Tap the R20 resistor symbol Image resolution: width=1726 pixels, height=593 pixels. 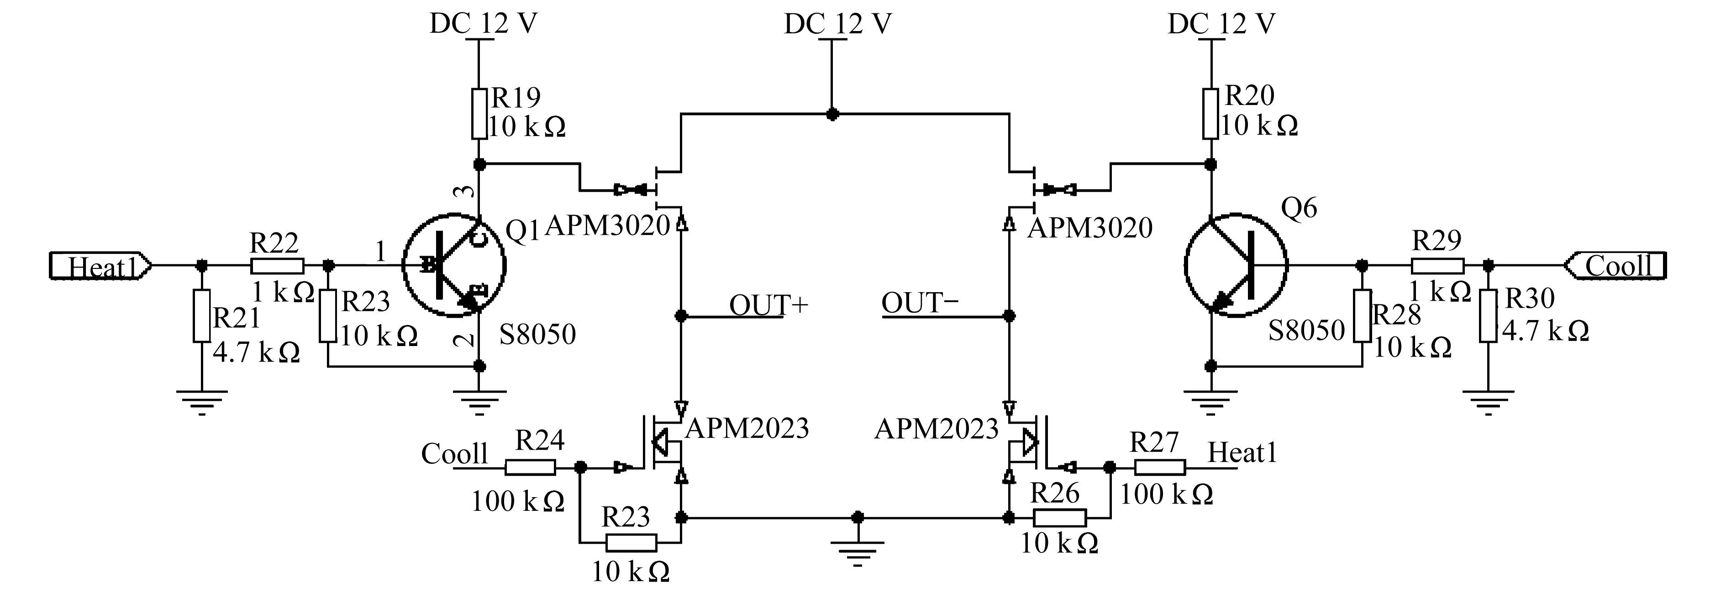(x=1211, y=114)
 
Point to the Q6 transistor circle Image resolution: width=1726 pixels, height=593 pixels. (x=1236, y=265)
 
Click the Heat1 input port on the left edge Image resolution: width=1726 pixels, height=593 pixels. (x=100, y=266)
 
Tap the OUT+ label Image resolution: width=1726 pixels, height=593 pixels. (x=768, y=305)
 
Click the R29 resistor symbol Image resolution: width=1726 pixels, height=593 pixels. (x=1438, y=266)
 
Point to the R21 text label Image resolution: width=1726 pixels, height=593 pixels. (x=237, y=318)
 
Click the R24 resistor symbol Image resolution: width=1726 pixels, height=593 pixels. (x=530, y=468)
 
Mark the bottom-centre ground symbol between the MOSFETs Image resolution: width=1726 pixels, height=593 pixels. (x=858, y=553)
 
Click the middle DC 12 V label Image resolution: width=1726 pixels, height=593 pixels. (x=837, y=25)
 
